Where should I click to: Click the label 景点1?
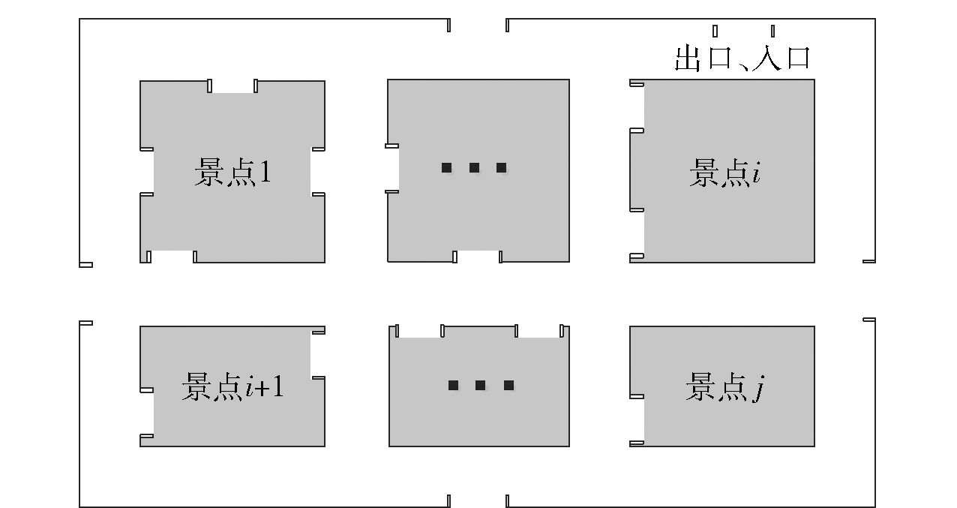click(x=232, y=173)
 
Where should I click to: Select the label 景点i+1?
click(x=232, y=387)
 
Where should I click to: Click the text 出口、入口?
click(x=742, y=58)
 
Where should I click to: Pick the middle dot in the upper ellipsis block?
click(x=474, y=168)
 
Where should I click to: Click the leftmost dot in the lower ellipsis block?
click(x=453, y=386)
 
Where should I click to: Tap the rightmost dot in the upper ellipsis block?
click(x=502, y=168)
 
